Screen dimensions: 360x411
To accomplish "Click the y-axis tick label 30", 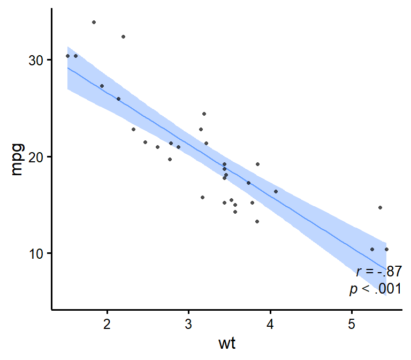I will tap(36, 60).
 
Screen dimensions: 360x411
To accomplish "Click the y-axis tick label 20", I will tap(36, 156).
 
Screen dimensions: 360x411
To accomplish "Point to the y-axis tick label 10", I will tap(36, 253).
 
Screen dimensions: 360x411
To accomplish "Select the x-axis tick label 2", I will tap(107, 324).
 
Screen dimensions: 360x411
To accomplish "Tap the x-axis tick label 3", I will tap(189, 324).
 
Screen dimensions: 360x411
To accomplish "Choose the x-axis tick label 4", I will tap(270, 324).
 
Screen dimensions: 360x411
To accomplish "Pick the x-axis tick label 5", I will tap(352, 324).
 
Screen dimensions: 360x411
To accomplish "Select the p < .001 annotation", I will tap(375, 289).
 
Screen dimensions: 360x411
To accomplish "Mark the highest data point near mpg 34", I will tap(94, 22).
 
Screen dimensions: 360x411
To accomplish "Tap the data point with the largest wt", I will tap(386, 249).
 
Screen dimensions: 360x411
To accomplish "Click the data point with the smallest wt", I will tap(67, 56).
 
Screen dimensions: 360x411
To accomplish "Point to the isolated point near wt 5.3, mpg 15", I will tap(380, 207).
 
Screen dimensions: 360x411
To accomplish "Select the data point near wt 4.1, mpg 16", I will tap(276, 191).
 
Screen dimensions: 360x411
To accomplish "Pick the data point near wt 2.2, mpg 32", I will tap(123, 36).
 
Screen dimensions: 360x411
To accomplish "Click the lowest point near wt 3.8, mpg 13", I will tap(257, 221).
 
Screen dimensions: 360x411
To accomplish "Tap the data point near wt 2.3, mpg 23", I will tap(133, 129).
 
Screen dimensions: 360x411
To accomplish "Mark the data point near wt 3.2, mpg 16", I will tap(202, 197).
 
